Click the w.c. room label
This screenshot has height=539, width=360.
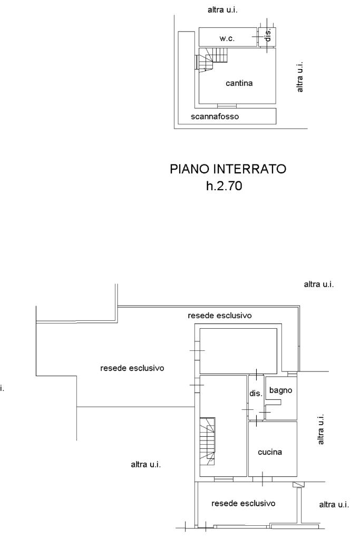pyautogui.click(x=227, y=38)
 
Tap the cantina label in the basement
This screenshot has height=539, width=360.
pyautogui.click(x=239, y=83)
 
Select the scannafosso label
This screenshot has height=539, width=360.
pyautogui.click(x=215, y=116)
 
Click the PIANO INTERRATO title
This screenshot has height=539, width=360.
pyautogui.click(x=228, y=169)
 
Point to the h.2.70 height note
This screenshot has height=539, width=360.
pyautogui.click(x=224, y=186)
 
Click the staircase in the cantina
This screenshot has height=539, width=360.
pyautogui.click(x=212, y=60)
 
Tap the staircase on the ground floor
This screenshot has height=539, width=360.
pyautogui.click(x=207, y=441)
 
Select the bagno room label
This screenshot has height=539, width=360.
pyautogui.click(x=280, y=390)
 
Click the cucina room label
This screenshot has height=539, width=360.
pyautogui.click(x=270, y=452)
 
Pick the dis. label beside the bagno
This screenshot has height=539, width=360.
pyautogui.click(x=256, y=393)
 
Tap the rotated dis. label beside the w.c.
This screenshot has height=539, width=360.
pyautogui.click(x=268, y=35)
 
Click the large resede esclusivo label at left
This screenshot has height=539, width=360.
pyautogui.click(x=132, y=368)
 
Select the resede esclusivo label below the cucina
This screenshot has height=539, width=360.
pyautogui.click(x=243, y=504)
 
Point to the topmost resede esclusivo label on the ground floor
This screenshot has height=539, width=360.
pyautogui.click(x=219, y=316)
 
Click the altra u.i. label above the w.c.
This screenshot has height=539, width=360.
pyautogui.click(x=222, y=10)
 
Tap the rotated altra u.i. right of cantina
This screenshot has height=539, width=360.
pyautogui.click(x=300, y=77)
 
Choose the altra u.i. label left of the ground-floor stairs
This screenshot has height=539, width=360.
pyautogui.click(x=146, y=465)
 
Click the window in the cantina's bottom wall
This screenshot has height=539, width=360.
pyautogui.click(x=227, y=106)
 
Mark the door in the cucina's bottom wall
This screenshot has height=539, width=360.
pyautogui.click(x=262, y=479)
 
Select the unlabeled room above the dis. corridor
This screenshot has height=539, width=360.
pyautogui.click(x=238, y=351)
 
